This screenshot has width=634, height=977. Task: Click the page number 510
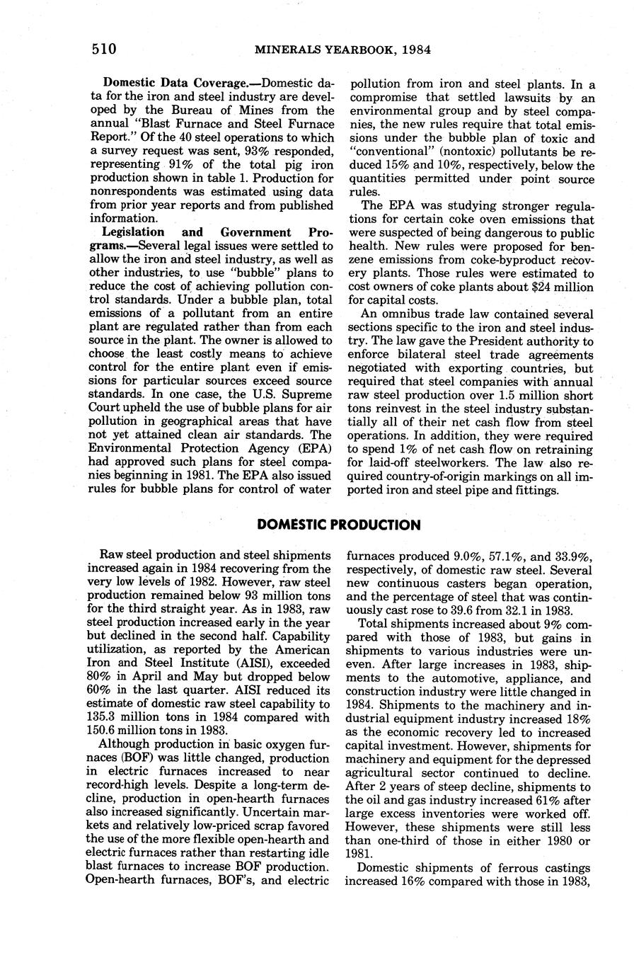[x=103, y=49]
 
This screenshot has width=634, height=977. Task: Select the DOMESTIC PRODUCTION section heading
[x=339, y=525]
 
